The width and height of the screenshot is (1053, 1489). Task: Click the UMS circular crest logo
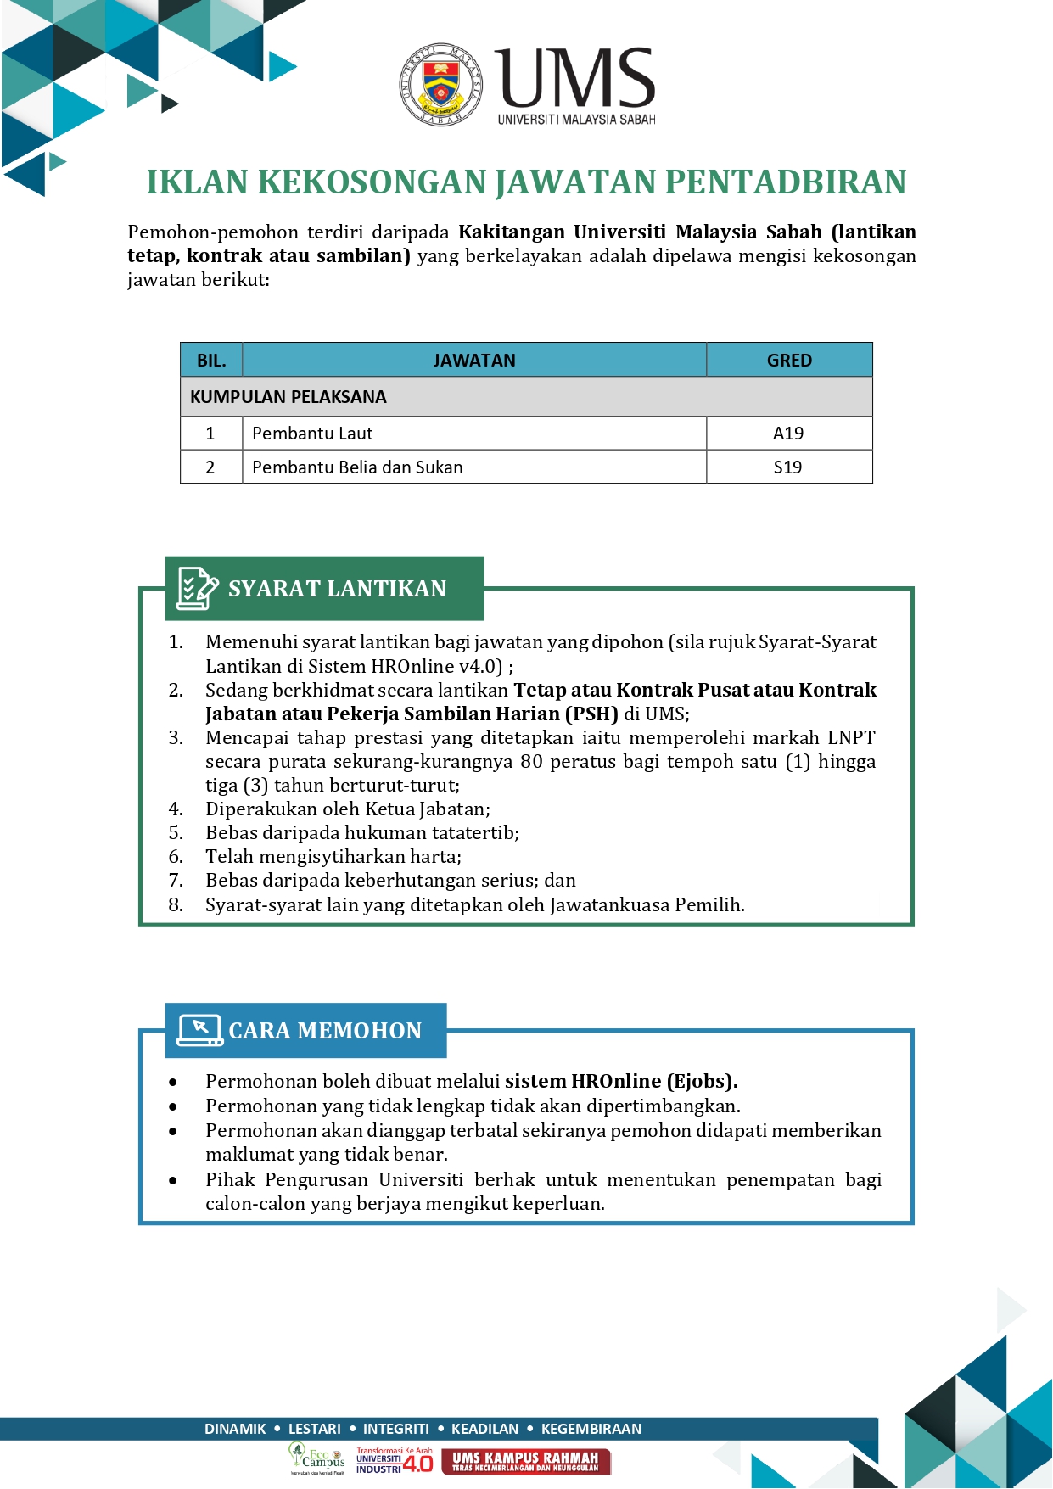441,85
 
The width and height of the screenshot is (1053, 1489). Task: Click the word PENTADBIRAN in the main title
785,182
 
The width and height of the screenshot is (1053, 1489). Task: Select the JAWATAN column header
473,361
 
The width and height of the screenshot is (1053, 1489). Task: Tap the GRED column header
789,361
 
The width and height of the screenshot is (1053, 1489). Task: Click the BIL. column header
211,361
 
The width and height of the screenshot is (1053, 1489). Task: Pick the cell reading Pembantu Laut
312,434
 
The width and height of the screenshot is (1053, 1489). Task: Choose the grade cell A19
788,434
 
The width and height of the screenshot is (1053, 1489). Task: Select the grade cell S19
788,467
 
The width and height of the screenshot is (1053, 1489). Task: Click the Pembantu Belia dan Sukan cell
357,467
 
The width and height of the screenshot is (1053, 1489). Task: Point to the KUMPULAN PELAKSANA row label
288,397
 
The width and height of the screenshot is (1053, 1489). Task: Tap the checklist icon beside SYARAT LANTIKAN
197,588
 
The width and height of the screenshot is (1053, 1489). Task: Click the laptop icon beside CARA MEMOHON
199,1030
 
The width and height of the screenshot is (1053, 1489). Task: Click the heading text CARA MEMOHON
325,1031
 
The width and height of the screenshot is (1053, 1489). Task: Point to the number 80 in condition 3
531,761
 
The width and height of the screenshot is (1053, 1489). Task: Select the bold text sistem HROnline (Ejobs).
620,1081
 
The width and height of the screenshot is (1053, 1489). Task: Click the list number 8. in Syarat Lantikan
176,904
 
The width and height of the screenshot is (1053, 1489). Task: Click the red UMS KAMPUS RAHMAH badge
525,1461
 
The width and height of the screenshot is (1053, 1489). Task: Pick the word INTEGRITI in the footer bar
396,1429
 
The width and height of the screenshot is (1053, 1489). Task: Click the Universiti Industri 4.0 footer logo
395,1461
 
